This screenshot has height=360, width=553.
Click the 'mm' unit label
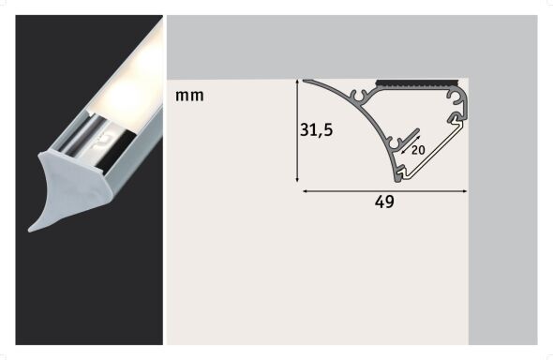coord(188,96)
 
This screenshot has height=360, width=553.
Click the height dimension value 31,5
coord(316,131)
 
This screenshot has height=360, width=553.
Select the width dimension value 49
coord(384,202)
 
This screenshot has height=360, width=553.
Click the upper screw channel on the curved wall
coord(359,96)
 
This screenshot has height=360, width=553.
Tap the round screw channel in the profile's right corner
coord(456,97)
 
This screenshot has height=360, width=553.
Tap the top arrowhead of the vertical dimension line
coord(297,82)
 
